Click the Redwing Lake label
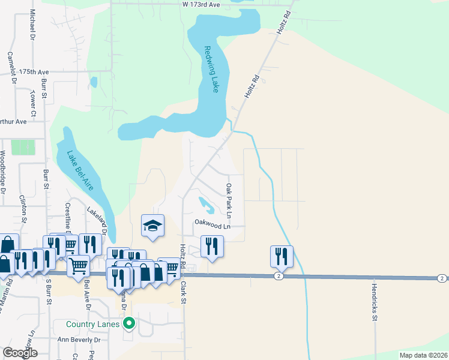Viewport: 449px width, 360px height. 211,69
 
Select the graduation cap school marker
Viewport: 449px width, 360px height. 152,226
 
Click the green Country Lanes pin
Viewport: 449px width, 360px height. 128,325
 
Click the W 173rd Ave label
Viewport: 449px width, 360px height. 202,4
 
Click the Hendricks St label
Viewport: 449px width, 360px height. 373,307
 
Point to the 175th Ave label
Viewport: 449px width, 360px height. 33,71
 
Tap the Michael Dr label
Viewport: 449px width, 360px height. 31,27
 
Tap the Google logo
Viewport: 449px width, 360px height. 20,353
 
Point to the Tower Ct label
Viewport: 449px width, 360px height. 34,103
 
